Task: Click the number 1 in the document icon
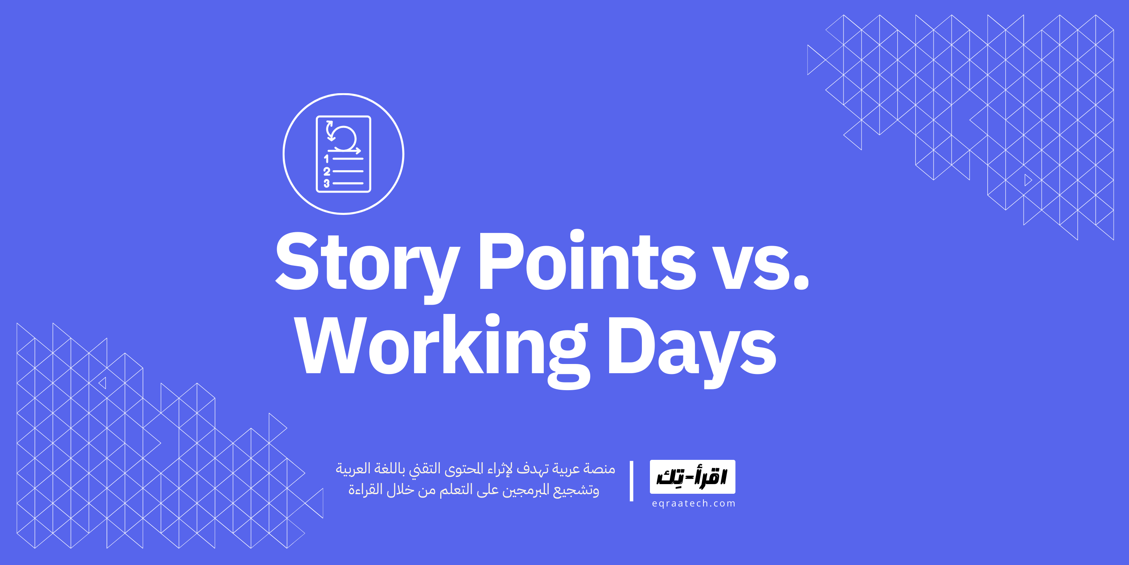(x=326, y=158)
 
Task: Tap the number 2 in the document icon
(x=327, y=171)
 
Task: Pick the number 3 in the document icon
(x=327, y=183)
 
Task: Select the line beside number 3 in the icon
(x=348, y=183)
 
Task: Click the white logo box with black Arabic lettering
(x=692, y=477)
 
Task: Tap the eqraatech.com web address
(x=693, y=504)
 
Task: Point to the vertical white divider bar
(x=631, y=481)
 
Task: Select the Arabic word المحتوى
(x=465, y=469)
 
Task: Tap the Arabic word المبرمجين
(x=524, y=490)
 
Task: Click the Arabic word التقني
(x=425, y=469)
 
